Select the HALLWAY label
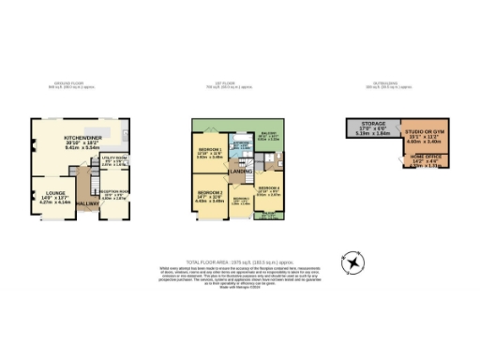point(87,202)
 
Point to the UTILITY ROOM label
point(112,159)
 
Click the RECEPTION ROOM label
point(114,192)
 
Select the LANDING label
point(241,170)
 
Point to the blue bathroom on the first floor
point(242,148)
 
